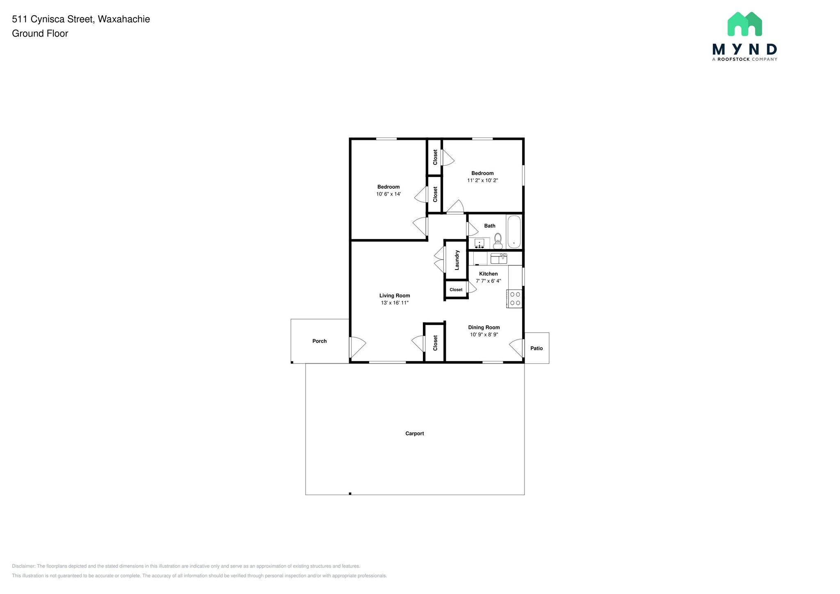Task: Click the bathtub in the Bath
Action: pyautogui.click(x=514, y=232)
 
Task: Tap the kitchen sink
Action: pyautogui.click(x=499, y=258)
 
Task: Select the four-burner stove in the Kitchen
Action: pyautogui.click(x=515, y=299)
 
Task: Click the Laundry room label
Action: pyautogui.click(x=457, y=260)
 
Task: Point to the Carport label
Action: pyautogui.click(x=414, y=433)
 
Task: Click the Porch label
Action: pyautogui.click(x=320, y=341)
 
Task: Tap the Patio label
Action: pyautogui.click(x=536, y=348)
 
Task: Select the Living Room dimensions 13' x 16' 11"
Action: pyautogui.click(x=395, y=303)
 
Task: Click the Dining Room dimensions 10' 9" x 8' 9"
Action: pyautogui.click(x=484, y=334)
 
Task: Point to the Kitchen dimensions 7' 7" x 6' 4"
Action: pyautogui.click(x=488, y=281)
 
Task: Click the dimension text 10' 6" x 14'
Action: pyautogui.click(x=388, y=194)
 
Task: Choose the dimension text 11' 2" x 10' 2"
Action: pyautogui.click(x=482, y=180)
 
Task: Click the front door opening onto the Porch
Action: pyautogui.click(x=356, y=347)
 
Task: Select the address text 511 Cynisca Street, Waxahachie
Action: pyautogui.click(x=81, y=19)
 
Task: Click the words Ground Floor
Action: pyautogui.click(x=40, y=34)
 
